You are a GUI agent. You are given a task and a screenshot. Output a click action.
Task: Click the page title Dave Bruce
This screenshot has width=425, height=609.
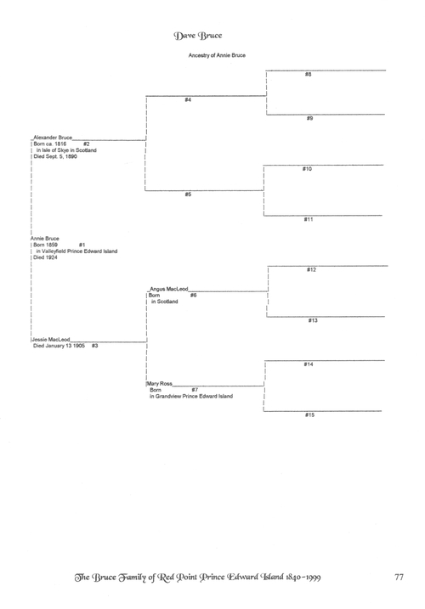tap(197, 36)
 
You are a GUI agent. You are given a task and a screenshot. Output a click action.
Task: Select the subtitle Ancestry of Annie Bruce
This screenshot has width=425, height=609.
tap(217, 55)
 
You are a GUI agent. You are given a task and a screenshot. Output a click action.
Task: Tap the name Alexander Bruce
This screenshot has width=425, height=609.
tap(53, 138)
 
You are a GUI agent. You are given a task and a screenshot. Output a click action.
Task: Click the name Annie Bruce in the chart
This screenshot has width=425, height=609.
tap(45, 239)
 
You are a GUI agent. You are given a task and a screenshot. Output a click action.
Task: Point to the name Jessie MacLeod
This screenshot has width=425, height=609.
tap(51, 340)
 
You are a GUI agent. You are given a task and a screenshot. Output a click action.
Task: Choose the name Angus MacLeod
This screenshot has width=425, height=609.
tap(169, 289)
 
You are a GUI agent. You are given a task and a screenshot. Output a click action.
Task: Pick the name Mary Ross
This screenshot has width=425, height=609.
tap(160, 384)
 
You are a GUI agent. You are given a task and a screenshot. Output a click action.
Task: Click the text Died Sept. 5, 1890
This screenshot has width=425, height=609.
tap(55, 156)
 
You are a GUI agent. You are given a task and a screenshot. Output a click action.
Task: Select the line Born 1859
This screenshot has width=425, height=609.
tap(46, 245)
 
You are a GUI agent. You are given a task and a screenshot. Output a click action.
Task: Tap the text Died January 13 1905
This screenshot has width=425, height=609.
tap(59, 346)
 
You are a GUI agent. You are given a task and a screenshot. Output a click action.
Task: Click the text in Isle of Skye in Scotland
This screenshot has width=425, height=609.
tap(66, 150)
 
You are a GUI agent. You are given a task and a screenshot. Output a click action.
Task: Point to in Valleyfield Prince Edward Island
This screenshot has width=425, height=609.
tap(76, 251)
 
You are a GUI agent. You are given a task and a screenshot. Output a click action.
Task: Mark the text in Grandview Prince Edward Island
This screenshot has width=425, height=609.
tap(191, 396)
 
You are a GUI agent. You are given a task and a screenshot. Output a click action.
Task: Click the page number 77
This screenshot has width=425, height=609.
tap(399, 578)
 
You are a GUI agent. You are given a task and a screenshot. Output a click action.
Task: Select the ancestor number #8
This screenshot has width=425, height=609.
tap(308, 74)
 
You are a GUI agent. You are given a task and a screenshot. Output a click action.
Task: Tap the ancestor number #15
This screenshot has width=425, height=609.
tap(309, 414)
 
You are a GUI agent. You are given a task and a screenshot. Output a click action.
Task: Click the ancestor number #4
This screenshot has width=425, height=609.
tap(188, 100)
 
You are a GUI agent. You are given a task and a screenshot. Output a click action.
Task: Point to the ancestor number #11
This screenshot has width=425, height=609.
tap(309, 219)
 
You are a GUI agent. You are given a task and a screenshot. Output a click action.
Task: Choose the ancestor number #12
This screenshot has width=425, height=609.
tap(311, 269)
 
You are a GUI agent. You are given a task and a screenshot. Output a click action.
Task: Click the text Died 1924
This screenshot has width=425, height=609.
tap(46, 257)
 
